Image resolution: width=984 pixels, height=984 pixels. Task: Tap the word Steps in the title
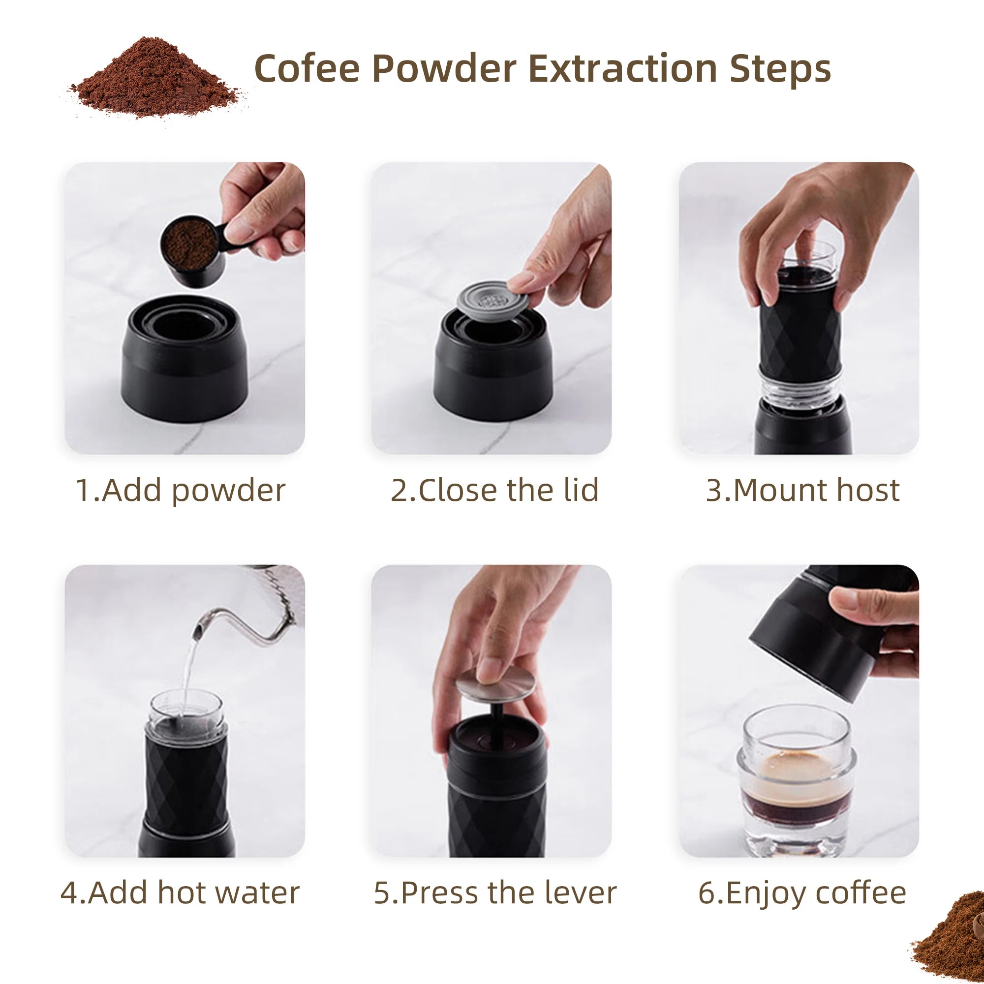tap(780, 69)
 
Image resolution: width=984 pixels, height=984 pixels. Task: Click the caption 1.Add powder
tap(180, 490)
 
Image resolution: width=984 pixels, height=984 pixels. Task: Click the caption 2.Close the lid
tap(494, 490)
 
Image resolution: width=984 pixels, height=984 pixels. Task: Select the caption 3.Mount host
tap(802, 490)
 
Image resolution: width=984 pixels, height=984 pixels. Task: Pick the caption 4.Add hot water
tap(180, 893)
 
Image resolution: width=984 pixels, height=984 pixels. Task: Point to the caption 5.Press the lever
tap(495, 893)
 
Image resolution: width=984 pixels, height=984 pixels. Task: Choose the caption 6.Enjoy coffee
tap(802, 893)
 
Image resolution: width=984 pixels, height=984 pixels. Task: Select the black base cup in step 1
tap(184, 362)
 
